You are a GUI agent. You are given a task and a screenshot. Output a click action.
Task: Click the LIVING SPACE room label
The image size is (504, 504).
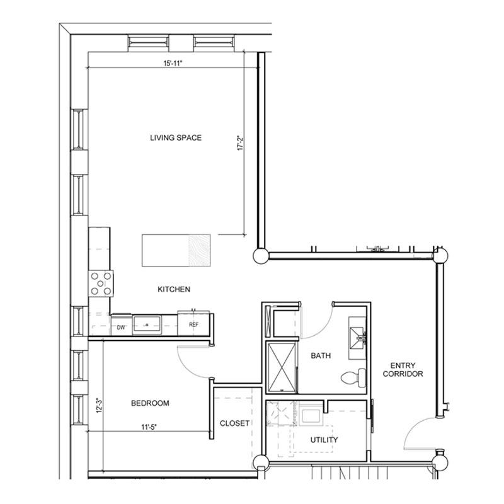[x=176, y=138]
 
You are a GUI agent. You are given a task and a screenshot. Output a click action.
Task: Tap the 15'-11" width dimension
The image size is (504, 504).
[x=173, y=64]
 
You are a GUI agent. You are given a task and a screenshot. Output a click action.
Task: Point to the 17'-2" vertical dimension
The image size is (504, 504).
[x=241, y=144]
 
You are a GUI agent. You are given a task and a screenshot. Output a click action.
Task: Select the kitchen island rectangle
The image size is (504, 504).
[x=176, y=250]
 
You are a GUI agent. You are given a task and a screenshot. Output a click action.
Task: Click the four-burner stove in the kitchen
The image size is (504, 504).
[x=101, y=283]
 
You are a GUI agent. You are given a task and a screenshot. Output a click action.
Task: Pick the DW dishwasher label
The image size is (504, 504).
[x=121, y=328]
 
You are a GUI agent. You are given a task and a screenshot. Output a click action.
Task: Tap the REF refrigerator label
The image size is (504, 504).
[x=193, y=324]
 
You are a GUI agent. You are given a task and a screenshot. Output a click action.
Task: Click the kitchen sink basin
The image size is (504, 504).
[x=147, y=325]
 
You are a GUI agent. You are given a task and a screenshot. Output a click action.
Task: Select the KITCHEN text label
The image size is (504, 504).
[x=174, y=289]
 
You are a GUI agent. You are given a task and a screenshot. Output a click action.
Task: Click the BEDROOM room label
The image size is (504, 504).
[x=150, y=403]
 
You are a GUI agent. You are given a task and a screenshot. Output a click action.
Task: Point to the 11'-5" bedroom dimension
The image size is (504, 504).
[x=149, y=427]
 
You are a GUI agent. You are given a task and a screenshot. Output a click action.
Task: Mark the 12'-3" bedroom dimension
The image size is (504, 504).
[x=99, y=406]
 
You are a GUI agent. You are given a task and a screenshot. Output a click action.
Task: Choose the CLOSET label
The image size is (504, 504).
[x=234, y=423]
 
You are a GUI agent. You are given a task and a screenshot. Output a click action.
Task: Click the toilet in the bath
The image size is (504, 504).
[x=353, y=377]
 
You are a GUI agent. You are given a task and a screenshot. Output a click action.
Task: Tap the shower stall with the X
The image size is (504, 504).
[x=282, y=368]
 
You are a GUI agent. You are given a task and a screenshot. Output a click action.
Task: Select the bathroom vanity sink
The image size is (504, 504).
[x=357, y=338]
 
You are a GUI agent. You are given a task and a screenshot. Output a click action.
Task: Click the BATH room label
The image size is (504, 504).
[x=321, y=355]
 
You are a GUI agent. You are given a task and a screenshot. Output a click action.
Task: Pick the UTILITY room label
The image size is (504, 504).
[x=324, y=440]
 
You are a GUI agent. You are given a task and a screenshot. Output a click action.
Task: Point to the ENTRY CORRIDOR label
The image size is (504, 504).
[x=403, y=370]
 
